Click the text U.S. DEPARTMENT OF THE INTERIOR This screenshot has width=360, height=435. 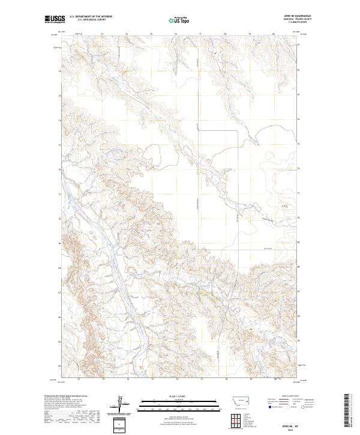91,17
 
